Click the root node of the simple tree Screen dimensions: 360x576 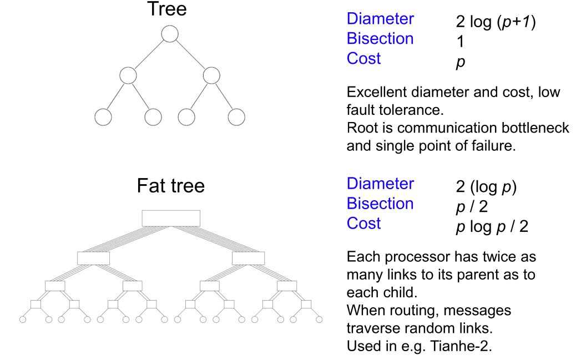(x=169, y=34)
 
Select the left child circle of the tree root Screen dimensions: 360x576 (x=128, y=75)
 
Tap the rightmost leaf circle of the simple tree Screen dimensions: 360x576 (x=236, y=117)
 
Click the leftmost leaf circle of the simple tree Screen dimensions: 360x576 (x=103, y=117)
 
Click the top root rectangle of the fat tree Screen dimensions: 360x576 (x=171, y=218)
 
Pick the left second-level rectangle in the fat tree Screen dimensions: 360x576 (x=94, y=258)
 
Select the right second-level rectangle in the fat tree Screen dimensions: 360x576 (x=248, y=258)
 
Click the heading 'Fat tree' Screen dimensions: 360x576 (x=170, y=186)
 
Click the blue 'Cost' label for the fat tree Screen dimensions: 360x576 (x=363, y=224)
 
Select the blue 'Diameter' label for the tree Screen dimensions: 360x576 (x=380, y=19)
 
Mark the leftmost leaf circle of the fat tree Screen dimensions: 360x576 (x=23, y=320)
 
